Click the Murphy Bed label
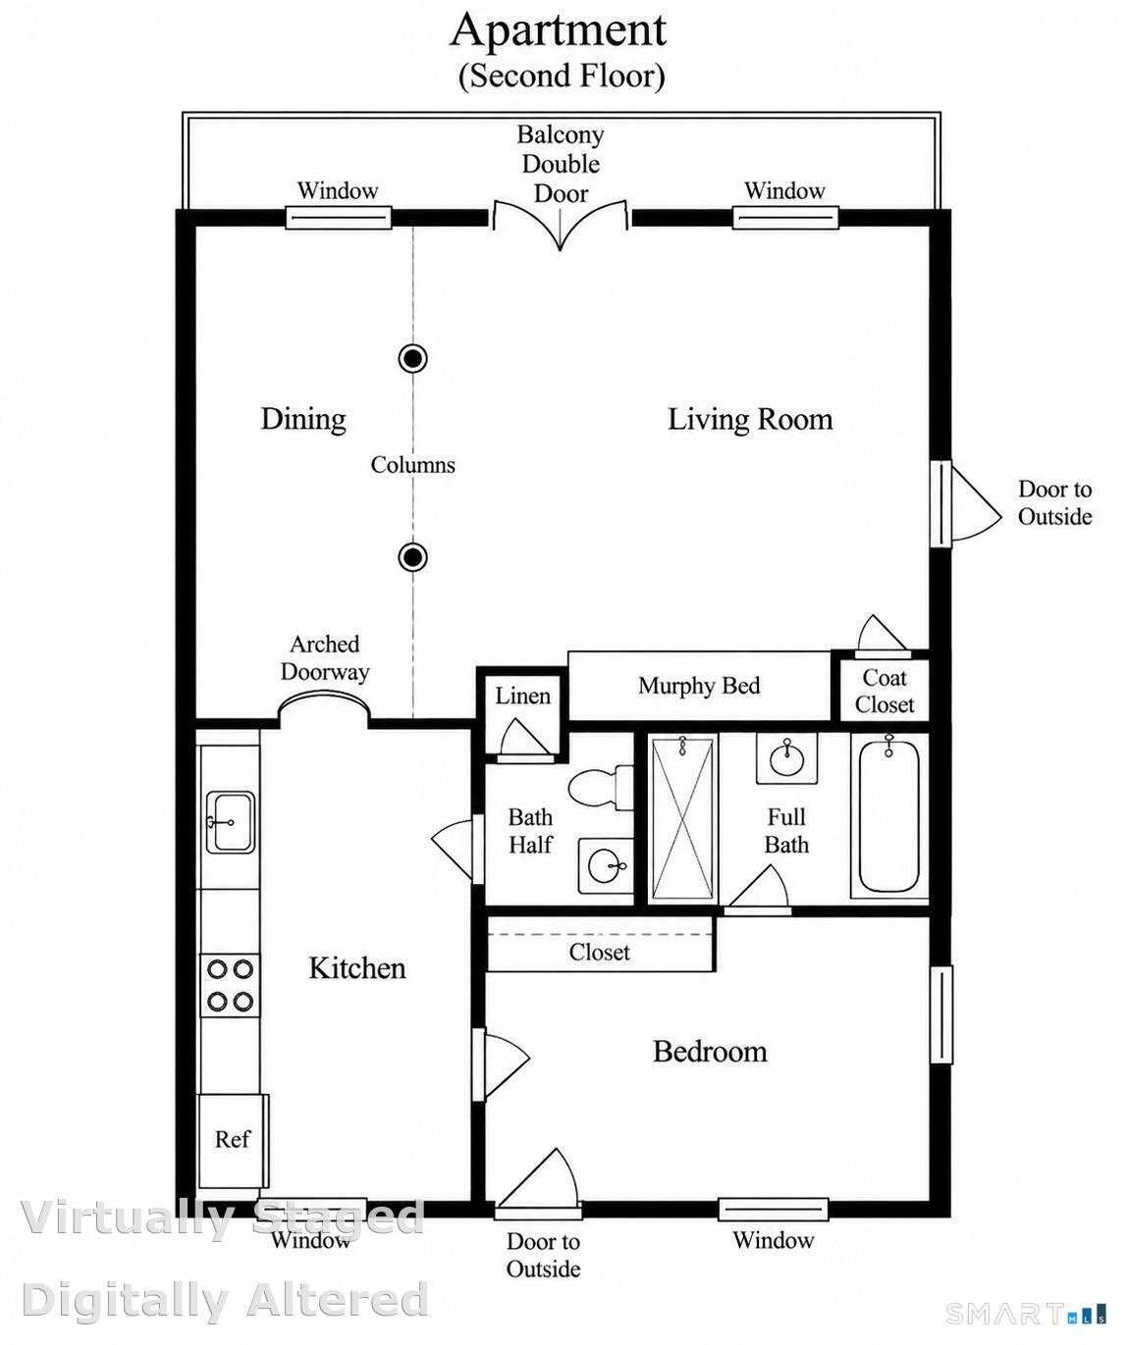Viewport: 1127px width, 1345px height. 699,686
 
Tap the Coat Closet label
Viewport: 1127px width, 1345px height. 884,692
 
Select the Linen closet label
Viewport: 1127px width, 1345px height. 522,696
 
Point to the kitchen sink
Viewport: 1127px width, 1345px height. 230,822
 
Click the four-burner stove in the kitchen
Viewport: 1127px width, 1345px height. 230,986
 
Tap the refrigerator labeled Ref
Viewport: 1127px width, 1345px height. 233,1140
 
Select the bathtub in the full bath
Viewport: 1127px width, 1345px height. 888,815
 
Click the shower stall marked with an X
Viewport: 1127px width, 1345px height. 682,819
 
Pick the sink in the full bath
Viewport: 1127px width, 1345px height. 786,758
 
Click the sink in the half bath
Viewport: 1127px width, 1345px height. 606,865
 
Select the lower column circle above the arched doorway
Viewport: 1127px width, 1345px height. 412,556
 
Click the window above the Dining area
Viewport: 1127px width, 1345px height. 339,218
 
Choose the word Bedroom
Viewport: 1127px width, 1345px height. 710,1051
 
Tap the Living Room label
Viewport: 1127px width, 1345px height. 750,419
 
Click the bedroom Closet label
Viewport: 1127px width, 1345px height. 599,952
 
